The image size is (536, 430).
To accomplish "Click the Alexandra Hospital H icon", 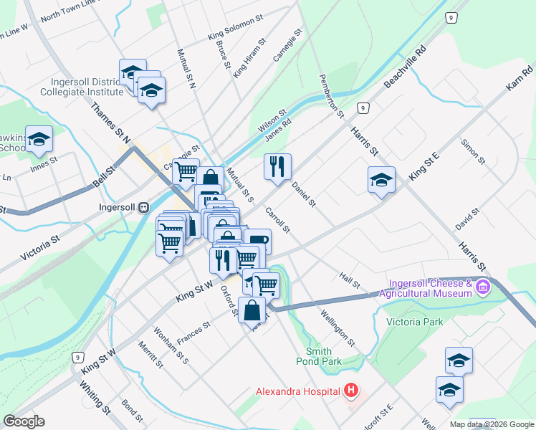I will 351,391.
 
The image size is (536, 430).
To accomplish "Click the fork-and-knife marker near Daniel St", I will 277,166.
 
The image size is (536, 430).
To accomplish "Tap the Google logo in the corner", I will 24,421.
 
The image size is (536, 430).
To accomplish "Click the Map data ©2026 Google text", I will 491,424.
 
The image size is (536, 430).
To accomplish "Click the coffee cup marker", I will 257,242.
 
